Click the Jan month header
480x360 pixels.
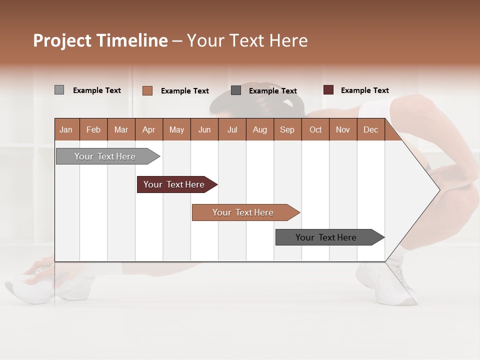(66, 130)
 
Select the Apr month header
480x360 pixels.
(148, 130)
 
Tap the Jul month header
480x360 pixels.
(232, 130)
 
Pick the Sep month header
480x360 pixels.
(287, 130)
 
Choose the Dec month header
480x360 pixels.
(370, 130)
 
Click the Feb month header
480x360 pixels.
(93, 130)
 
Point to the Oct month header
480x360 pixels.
(315, 130)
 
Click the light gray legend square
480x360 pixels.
(59, 90)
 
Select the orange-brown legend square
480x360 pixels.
(147, 90)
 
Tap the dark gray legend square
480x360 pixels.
(236, 90)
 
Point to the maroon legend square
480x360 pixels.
(328, 90)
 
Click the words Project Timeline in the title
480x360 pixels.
(100, 40)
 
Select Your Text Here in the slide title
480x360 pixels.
(247, 40)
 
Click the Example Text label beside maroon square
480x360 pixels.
(364, 90)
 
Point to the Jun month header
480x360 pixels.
(204, 130)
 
